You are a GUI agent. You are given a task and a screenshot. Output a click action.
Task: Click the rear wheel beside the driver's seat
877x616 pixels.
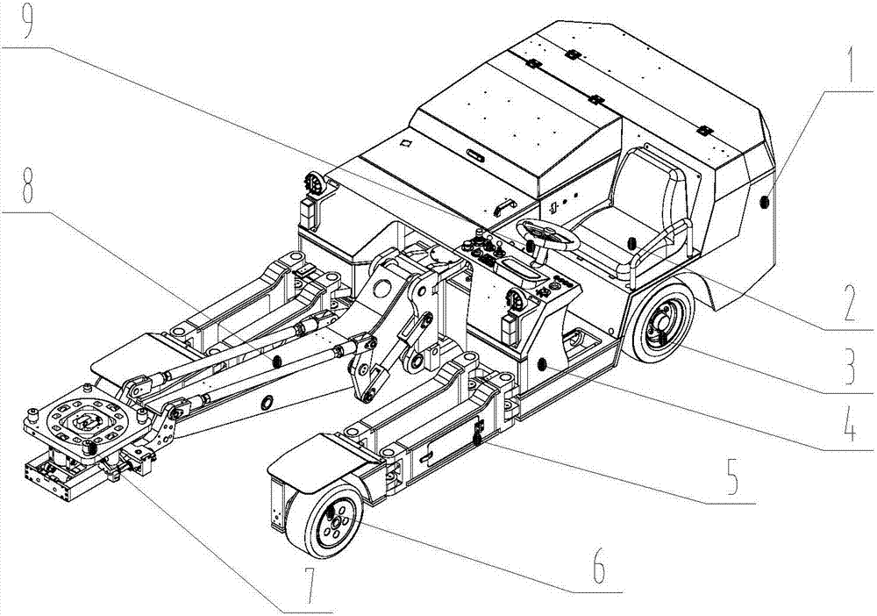tap(660, 323)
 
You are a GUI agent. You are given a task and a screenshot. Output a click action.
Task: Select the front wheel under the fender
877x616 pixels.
tap(325, 520)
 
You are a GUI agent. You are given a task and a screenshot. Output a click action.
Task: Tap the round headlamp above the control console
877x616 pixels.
tap(515, 300)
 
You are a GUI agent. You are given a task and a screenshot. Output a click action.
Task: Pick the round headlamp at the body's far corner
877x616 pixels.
tap(314, 183)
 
